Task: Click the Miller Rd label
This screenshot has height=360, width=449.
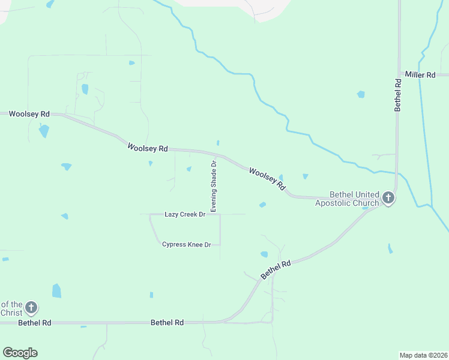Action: (420, 75)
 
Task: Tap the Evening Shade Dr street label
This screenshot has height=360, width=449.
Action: (213, 185)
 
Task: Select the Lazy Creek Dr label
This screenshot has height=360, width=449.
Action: (185, 214)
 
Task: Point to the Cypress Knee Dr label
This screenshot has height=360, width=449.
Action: (187, 245)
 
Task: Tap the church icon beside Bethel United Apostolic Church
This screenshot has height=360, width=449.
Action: (388, 197)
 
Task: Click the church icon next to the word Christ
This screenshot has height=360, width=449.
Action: (31, 308)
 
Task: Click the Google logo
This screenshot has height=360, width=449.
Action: (20, 353)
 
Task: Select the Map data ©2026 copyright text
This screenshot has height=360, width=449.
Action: (424, 355)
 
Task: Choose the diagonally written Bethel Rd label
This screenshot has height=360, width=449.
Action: (276, 270)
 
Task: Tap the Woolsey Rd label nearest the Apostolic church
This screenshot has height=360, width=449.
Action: (267, 179)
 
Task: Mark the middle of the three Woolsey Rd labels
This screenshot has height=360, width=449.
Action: (147, 147)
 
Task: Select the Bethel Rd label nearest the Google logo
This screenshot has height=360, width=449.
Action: (35, 323)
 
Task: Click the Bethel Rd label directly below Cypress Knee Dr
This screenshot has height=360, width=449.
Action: (167, 323)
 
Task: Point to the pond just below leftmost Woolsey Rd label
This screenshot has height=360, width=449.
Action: (44, 130)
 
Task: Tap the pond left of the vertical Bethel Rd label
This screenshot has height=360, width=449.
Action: (361, 94)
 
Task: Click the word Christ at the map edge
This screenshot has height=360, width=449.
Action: (11, 313)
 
